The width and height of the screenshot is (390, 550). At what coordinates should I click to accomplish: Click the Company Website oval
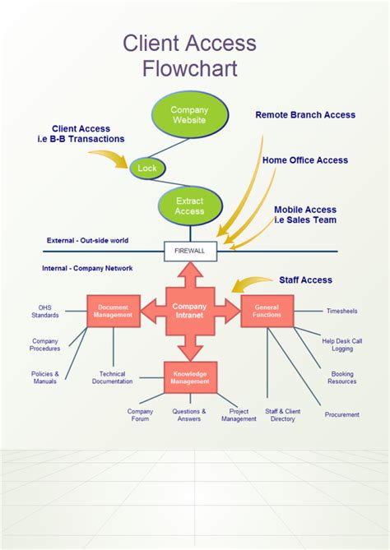(x=189, y=115)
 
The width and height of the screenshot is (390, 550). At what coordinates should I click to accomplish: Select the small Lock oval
(x=147, y=168)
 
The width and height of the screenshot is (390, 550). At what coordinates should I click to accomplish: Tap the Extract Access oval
(x=189, y=206)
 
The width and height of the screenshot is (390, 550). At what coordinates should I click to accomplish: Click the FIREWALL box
(x=191, y=249)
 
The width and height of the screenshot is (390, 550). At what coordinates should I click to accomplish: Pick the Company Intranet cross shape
(x=190, y=311)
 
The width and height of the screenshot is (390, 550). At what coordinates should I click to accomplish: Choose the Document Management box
(x=114, y=311)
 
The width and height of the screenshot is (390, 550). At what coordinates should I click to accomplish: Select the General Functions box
(x=267, y=311)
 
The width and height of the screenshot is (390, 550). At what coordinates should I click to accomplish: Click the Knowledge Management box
(x=190, y=377)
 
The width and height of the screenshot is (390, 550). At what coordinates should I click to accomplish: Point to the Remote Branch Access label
(x=305, y=115)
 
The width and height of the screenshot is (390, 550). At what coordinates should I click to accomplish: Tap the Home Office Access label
(x=305, y=160)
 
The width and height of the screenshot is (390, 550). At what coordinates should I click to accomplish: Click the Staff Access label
(x=305, y=280)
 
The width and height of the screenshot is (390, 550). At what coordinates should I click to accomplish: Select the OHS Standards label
(x=44, y=312)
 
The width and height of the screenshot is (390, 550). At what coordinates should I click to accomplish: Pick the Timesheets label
(x=341, y=312)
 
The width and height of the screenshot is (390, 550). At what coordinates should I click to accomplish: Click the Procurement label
(x=341, y=414)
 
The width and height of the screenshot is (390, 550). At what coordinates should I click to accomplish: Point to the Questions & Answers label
(x=188, y=415)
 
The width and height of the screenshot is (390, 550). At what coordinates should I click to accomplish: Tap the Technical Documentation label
(x=112, y=377)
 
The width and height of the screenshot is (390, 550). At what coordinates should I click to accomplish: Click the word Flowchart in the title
(x=189, y=68)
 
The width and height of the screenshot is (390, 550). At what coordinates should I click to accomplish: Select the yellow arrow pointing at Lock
(x=109, y=158)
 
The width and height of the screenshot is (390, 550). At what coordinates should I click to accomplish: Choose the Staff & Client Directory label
(x=282, y=415)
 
